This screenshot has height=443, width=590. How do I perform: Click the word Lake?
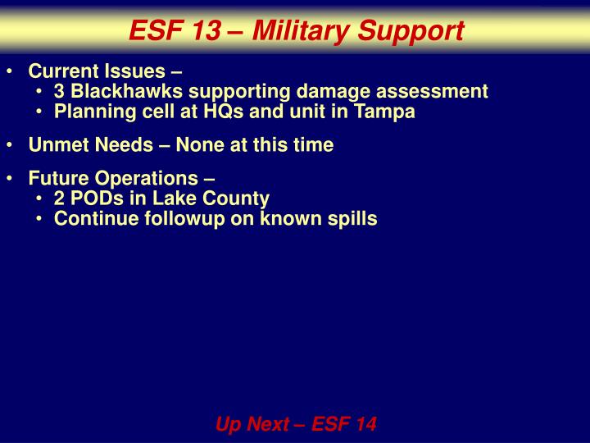tap(166, 199)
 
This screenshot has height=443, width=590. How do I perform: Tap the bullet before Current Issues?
tap(9, 71)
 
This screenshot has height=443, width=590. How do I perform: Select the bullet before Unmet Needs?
tap(9, 146)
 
